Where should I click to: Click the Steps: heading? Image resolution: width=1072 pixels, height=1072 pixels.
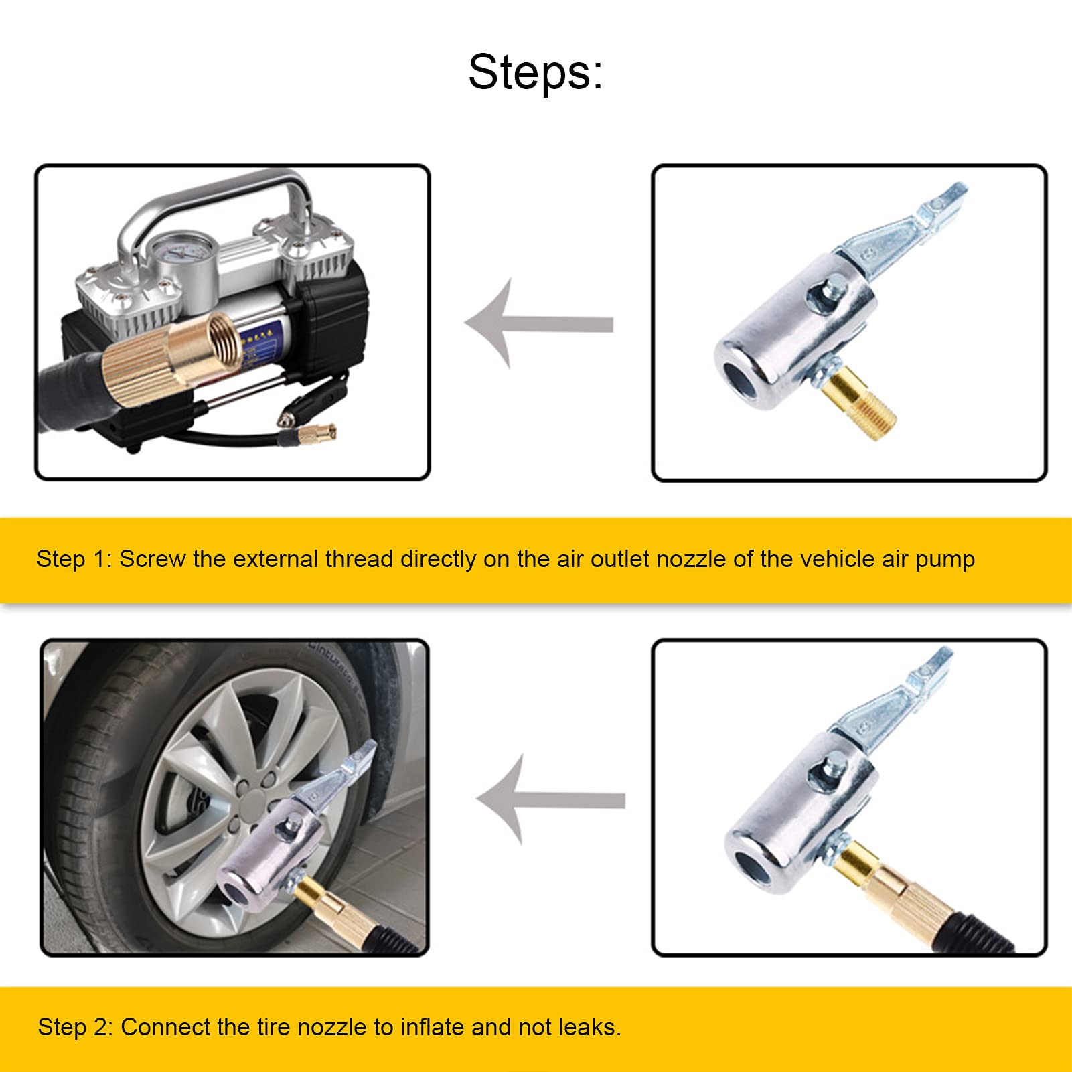coord(535,72)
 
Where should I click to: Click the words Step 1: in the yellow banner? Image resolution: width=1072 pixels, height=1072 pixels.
coord(74,559)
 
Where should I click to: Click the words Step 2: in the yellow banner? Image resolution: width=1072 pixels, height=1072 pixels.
coord(75,1026)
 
